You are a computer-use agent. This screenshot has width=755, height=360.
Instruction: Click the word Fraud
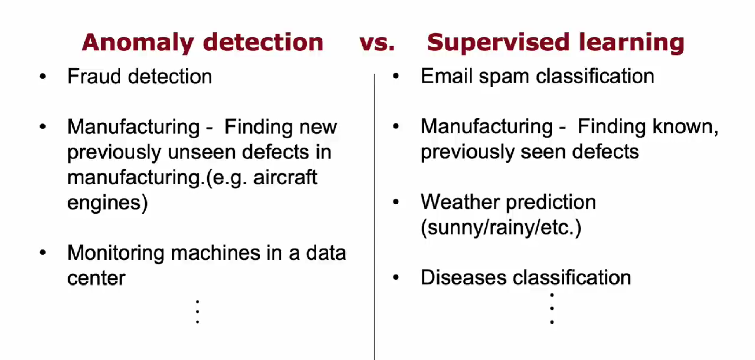(x=94, y=76)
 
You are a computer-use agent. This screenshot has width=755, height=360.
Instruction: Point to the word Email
(x=446, y=76)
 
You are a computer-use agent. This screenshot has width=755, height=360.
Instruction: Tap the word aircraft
(x=285, y=177)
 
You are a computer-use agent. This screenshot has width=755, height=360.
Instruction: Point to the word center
(x=96, y=279)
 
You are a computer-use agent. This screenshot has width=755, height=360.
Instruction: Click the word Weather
(x=459, y=202)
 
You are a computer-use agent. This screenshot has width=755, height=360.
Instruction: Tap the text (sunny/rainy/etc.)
(x=501, y=228)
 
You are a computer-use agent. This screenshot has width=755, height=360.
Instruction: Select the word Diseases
(x=463, y=277)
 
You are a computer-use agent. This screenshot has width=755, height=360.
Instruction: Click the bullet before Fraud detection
(x=43, y=76)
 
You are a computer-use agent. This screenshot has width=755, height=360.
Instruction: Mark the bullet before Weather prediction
(x=396, y=202)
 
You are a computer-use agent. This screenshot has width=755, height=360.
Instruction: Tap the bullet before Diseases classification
(x=396, y=277)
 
